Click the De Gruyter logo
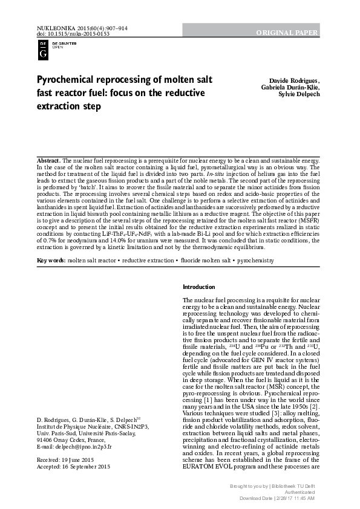tap(44, 50)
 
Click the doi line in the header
tap(65, 34)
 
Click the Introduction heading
tap(198, 287)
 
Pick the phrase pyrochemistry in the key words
tap(257, 277)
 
